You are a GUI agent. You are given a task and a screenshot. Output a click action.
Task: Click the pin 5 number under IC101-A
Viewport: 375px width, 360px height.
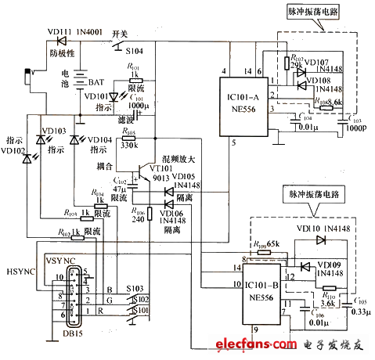233,143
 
